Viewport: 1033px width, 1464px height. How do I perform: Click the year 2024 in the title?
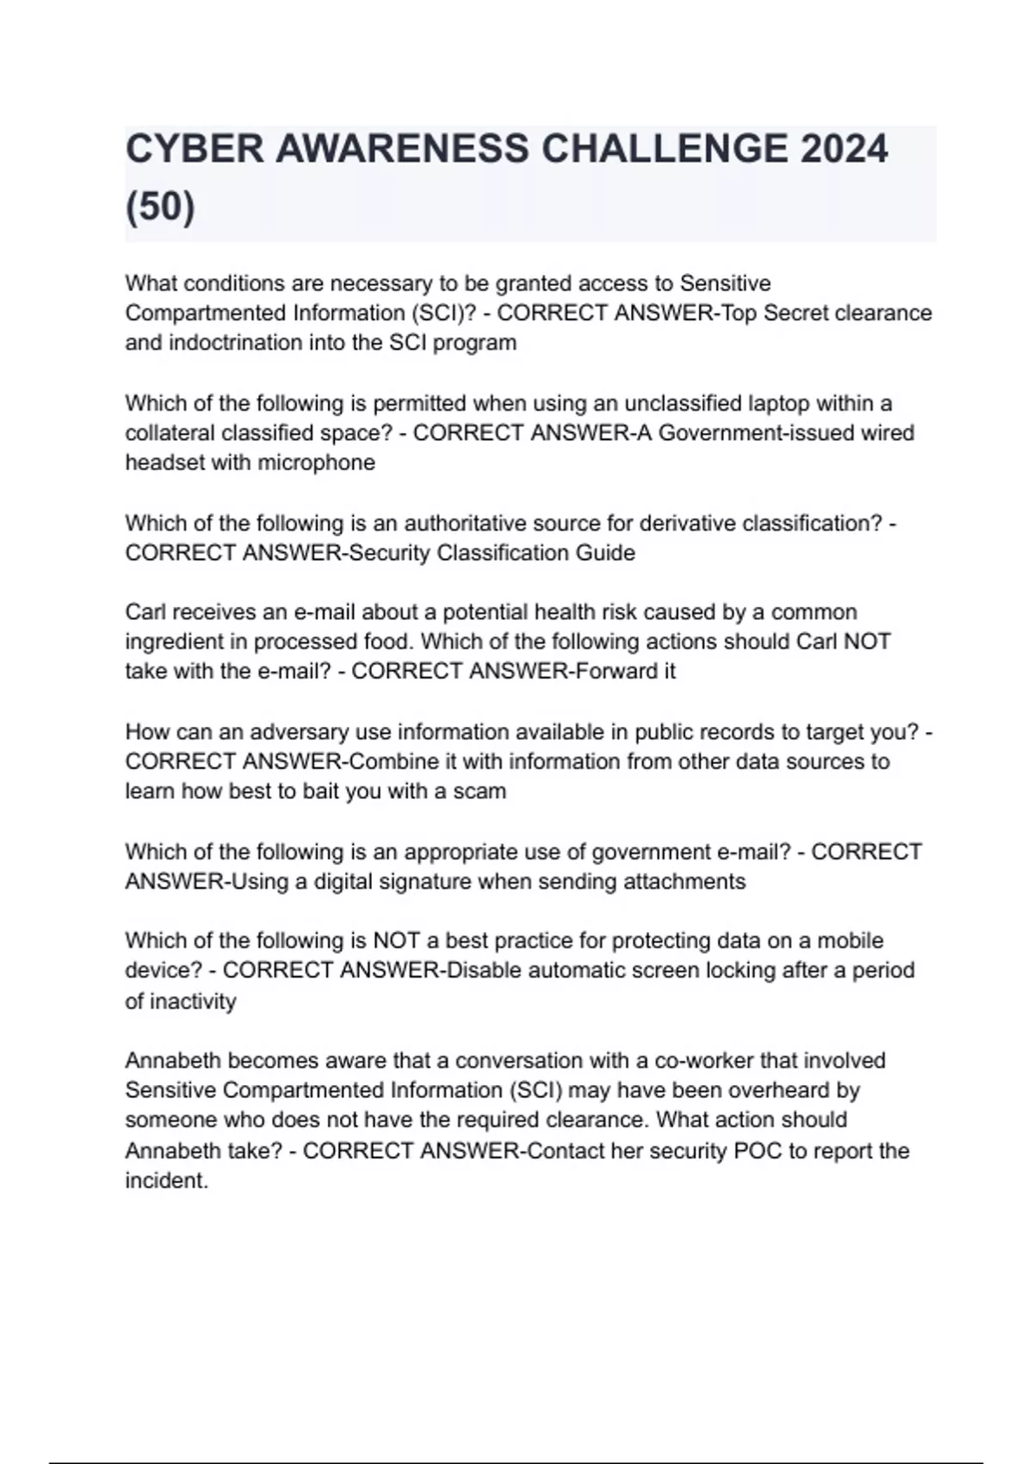pos(844,149)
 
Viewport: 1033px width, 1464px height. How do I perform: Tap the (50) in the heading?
pos(160,207)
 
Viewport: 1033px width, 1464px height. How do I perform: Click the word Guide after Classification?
pos(608,553)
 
